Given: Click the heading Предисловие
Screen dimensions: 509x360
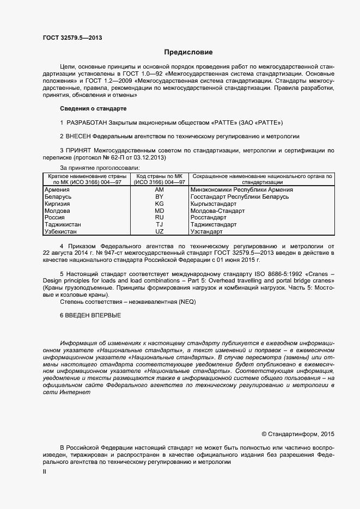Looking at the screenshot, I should tap(188, 52).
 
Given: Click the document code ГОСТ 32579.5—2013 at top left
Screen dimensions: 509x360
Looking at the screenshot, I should tap(72, 38).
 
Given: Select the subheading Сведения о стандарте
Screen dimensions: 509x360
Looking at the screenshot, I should tap(93, 109).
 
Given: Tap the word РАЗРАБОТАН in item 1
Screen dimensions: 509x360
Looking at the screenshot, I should tap(86, 122).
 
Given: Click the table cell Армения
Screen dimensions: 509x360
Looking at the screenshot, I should tap(57, 189).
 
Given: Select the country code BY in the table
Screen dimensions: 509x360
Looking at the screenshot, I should tap(160, 197).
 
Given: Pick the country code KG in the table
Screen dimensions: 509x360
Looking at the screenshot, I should tap(160, 204).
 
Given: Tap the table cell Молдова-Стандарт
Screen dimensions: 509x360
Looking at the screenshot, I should tap(218, 211).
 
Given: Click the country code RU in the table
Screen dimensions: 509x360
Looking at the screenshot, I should tap(160, 217).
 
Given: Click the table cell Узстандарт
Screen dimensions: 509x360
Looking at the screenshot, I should tap(207, 231).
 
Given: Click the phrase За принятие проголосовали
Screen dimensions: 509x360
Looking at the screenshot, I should tap(100, 168).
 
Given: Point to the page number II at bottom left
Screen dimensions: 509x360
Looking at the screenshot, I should tap(44, 472).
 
